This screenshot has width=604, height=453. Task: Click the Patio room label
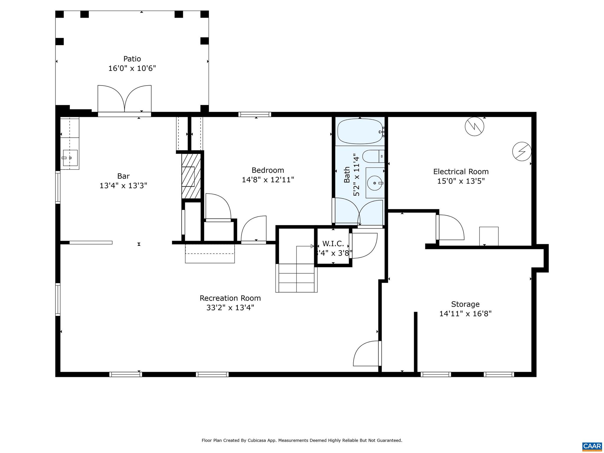click(132, 59)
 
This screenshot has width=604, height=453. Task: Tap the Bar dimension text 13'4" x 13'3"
click(123, 186)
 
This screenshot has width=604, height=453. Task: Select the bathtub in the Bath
click(360, 132)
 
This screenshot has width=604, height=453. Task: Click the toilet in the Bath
click(373, 157)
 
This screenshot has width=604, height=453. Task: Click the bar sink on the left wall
click(70, 158)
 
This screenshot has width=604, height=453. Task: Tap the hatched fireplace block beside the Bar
click(191, 176)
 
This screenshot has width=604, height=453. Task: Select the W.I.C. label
click(333, 244)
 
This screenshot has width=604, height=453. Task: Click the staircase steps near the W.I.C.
click(296, 278)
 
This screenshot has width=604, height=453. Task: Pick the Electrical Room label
click(461, 172)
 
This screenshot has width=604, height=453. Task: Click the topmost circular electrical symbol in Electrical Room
click(475, 127)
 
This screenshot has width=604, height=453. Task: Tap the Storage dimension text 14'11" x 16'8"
click(465, 314)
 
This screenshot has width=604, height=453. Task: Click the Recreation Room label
click(230, 298)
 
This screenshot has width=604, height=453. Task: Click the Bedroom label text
click(267, 170)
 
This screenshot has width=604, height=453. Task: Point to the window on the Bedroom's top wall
click(255, 114)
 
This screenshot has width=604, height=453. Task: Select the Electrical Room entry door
click(450, 227)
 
